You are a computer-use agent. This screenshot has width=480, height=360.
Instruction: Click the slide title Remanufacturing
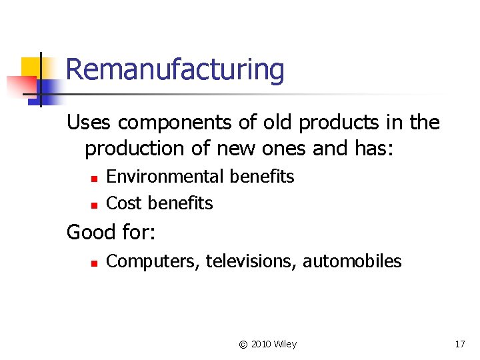point(175,69)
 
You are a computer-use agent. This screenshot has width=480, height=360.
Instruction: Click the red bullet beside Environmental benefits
point(94,178)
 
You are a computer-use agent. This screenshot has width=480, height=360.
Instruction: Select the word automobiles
point(352,261)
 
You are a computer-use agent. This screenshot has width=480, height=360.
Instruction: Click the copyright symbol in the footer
point(243,344)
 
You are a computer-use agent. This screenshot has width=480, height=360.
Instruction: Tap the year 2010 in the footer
point(261,344)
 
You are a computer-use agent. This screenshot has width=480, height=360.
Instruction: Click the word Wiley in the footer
point(286,344)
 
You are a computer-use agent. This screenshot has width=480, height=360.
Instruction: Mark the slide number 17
point(459,344)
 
